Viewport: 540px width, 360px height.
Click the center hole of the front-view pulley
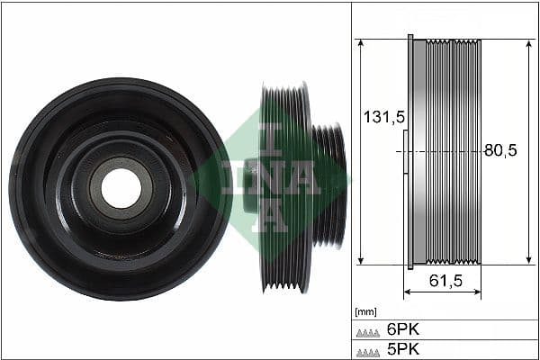pos(120,188)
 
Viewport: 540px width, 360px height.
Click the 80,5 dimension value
pos(500,151)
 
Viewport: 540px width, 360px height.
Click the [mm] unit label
pos(366,312)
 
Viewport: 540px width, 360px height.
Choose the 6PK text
pos(402,329)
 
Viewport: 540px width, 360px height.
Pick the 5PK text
pos(402,349)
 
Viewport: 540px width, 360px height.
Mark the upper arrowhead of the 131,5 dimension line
pos(360,43)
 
